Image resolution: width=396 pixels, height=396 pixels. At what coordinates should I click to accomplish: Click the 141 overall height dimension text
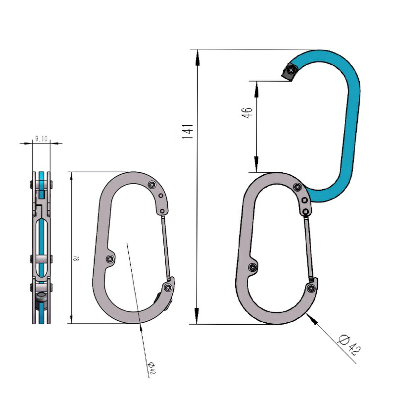click(188, 131)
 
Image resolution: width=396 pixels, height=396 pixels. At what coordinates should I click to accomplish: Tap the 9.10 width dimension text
click(41, 139)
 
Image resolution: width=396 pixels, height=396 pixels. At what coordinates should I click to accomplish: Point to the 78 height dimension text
click(76, 258)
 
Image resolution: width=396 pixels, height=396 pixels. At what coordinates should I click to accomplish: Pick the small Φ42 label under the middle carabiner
click(152, 368)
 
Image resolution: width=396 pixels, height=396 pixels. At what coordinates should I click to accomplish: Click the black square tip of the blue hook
click(290, 72)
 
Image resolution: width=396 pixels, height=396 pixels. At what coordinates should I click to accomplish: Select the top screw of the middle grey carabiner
click(152, 185)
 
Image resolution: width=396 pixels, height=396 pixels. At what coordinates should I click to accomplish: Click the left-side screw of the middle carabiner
click(110, 258)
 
